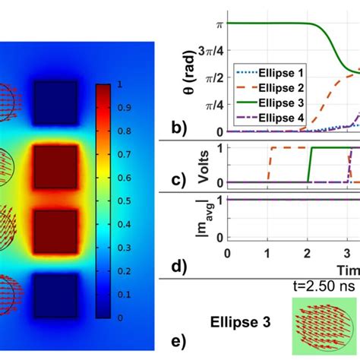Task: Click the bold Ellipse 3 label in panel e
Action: (235, 321)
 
